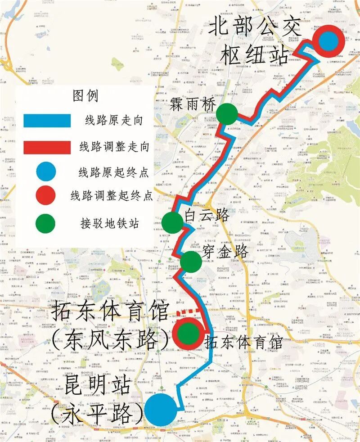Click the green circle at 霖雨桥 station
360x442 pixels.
(227, 114)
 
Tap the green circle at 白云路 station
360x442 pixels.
(172, 222)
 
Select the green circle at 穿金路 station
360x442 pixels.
(191, 262)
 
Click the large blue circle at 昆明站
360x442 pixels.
(160, 410)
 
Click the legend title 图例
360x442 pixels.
(85, 95)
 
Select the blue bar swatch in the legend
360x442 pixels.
(47, 121)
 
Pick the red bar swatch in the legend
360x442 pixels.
(47, 147)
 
